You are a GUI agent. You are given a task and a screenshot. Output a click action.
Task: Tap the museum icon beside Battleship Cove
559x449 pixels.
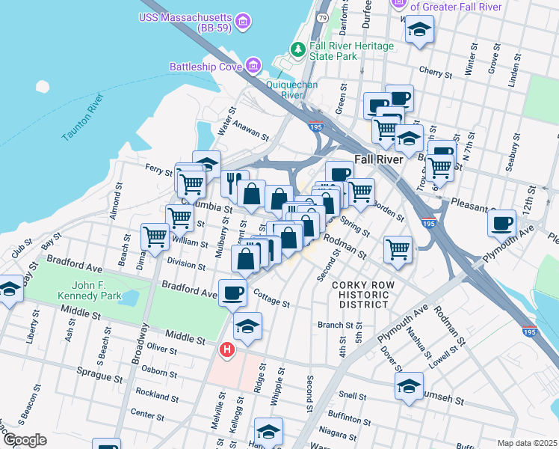tap(253, 66)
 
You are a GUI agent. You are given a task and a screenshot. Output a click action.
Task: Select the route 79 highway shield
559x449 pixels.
tap(322, 16)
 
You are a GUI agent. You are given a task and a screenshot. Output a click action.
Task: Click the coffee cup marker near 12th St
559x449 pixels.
tap(501, 222)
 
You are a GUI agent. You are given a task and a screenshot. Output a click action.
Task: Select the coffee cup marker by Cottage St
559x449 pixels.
tap(232, 293)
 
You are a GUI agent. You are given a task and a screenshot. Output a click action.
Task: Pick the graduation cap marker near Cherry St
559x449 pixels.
tap(419, 31)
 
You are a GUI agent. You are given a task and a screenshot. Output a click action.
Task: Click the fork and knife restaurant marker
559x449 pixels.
tap(235, 183)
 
